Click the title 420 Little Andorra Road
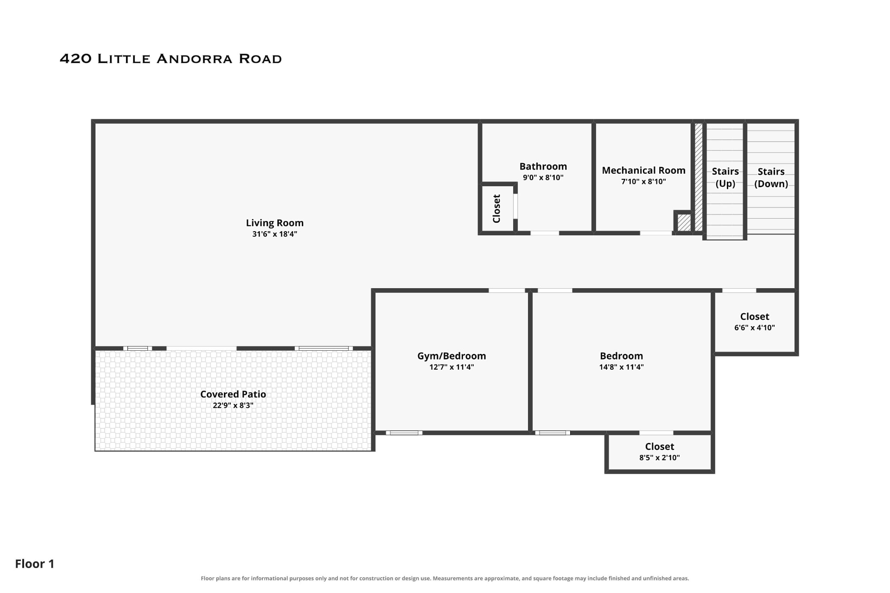point(171,59)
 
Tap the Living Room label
point(275,223)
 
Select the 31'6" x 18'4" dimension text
point(275,234)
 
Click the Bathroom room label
point(543,166)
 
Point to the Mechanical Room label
point(644,170)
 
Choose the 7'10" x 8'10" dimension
point(644,182)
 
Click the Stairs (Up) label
point(725,177)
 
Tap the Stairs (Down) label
point(771,177)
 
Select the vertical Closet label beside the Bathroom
point(496,208)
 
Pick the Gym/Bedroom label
point(452,356)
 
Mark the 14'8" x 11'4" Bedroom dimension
point(622,367)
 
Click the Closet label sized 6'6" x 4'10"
point(755,316)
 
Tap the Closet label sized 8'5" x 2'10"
point(660,447)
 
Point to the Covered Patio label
point(233,394)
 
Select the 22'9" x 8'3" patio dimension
point(233,405)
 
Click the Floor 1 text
point(35,564)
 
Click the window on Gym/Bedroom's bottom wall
point(404,433)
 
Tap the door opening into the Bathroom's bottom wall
point(545,233)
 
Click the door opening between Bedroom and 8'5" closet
point(656,433)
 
